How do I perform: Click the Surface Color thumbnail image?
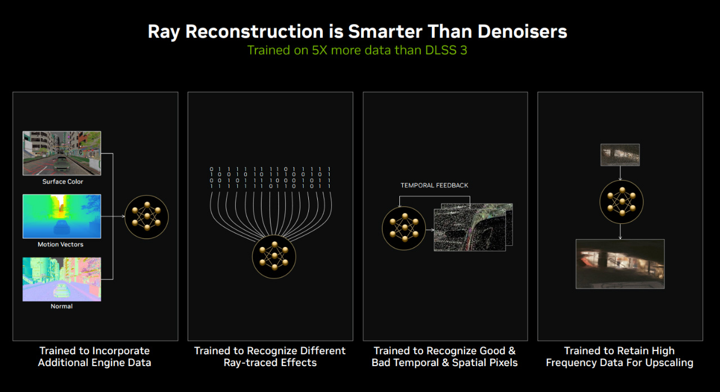(62, 154)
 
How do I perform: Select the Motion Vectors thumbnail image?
(62, 216)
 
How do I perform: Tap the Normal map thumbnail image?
(62, 279)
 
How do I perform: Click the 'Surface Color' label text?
(62, 182)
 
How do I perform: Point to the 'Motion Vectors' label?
(60, 245)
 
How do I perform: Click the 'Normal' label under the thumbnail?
(61, 306)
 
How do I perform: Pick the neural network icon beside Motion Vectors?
(147, 217)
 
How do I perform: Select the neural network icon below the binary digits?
(274, 256)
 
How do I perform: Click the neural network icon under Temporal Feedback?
(404, 228)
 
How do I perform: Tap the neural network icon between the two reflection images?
(622, 202)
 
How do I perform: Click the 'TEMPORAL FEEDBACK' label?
(434, 186)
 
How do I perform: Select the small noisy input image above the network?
(620, 155)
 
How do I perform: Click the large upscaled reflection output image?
(620, 264)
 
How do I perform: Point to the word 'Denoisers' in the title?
(522, 32)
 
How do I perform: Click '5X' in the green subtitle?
(319, 50)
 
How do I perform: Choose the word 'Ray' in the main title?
(164, 33)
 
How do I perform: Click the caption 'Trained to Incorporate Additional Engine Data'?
(94, 357)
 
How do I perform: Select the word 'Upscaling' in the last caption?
(670, 363)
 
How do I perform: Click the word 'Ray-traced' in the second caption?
(251, 363)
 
